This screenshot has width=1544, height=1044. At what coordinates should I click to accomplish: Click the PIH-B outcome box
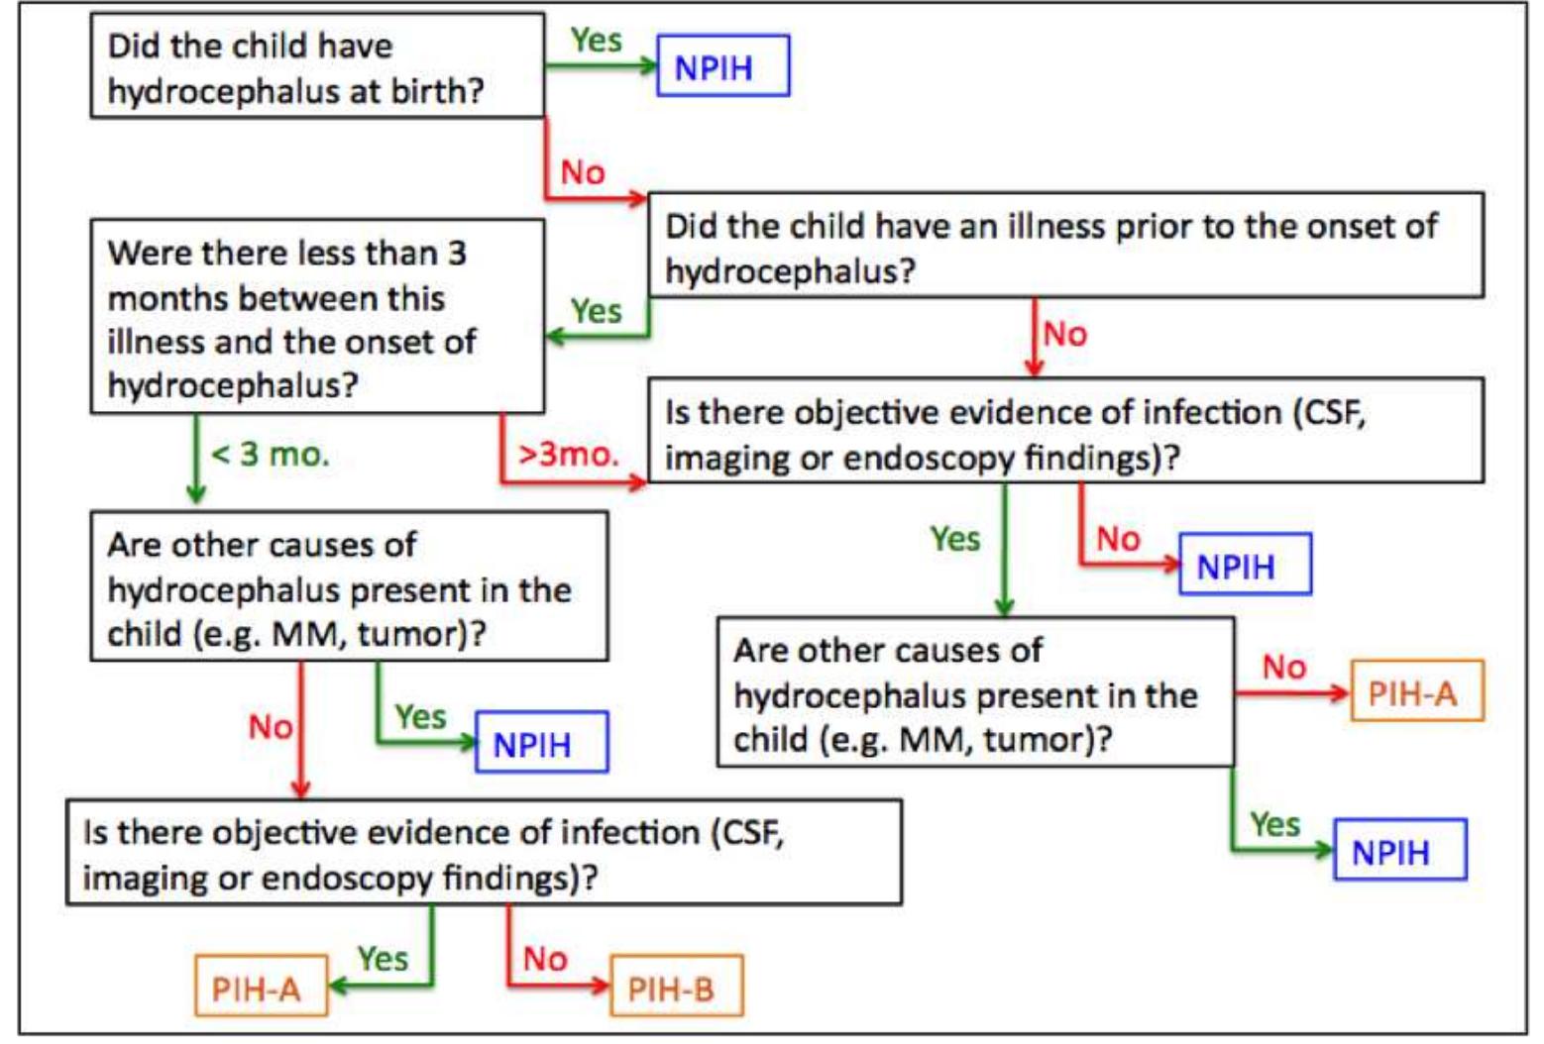coord(676,987)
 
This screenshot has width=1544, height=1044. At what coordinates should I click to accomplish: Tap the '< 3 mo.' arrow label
coord(270,455)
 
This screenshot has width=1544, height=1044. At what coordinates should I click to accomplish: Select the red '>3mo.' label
coord(568,455)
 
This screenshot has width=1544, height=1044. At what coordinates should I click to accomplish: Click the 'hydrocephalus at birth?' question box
coord(317,66)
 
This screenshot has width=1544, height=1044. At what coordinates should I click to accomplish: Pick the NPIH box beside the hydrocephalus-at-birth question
coord(723,66)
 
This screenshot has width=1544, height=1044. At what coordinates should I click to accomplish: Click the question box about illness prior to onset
coord(1065,246)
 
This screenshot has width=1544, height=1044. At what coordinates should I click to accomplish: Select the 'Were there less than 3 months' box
coord(317,317)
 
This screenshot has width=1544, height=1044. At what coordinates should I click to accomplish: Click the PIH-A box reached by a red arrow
coord(1416,691)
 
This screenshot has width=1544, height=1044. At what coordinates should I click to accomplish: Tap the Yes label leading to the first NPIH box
coord(597,40)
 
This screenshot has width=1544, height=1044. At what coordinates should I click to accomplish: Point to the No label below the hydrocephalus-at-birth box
coord(583,172)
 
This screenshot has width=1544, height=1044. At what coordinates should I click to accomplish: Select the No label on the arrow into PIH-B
coord(545,958)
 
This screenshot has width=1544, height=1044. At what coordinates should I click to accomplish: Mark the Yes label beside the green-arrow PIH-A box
coord(383,958)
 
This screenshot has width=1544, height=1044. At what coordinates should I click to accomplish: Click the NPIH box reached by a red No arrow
coord(1245,565)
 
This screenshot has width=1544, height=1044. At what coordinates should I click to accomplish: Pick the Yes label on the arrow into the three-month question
coord(597,311)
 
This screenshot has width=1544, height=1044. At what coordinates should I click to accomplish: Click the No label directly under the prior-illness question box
coord(1065,334)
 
